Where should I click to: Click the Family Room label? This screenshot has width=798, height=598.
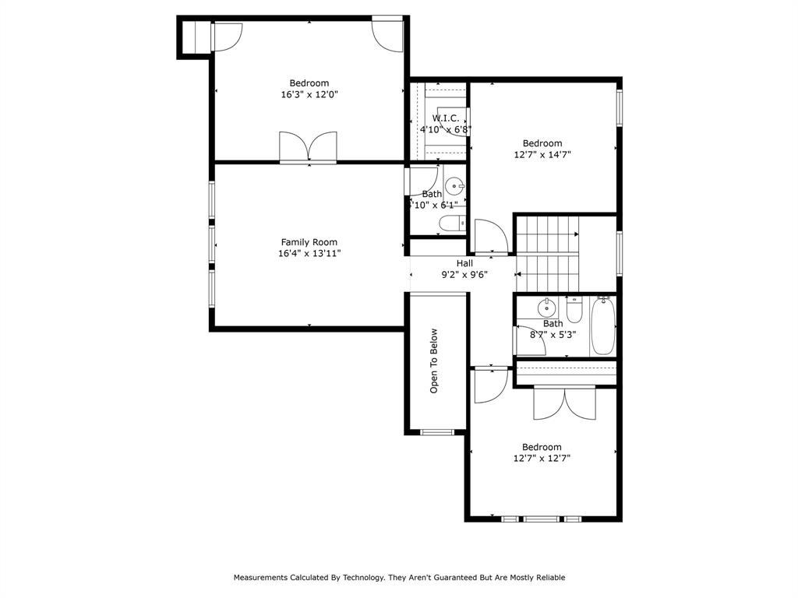(309, 242)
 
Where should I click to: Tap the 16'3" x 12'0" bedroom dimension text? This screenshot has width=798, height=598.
(309, 94)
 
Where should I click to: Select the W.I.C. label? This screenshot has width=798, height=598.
(445, 118)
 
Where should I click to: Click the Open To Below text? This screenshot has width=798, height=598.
(433, 361)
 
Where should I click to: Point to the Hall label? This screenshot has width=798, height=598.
(464, 263)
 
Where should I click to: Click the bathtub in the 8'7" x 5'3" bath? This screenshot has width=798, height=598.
(603, 325)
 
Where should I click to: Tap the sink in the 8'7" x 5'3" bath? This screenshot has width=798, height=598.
(546, 307)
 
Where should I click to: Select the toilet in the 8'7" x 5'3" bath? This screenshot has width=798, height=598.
(574, 309)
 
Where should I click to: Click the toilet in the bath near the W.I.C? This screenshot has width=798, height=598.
(452, 223)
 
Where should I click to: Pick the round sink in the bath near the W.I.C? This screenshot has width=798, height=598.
(454, 186)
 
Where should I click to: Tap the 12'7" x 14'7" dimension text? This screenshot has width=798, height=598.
(542, 155)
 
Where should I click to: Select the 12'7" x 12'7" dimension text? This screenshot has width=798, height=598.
(542, 458)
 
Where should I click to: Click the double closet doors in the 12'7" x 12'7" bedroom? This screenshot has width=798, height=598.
(564, 403)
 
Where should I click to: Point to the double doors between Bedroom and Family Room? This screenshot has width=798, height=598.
(308, 147)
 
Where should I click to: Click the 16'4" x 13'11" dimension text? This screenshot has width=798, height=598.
(309, 253)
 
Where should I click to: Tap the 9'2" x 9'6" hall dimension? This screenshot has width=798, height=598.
(464, 275)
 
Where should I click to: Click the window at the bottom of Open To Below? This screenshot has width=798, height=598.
(436, 433)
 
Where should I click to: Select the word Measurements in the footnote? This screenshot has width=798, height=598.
(260, 577)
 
